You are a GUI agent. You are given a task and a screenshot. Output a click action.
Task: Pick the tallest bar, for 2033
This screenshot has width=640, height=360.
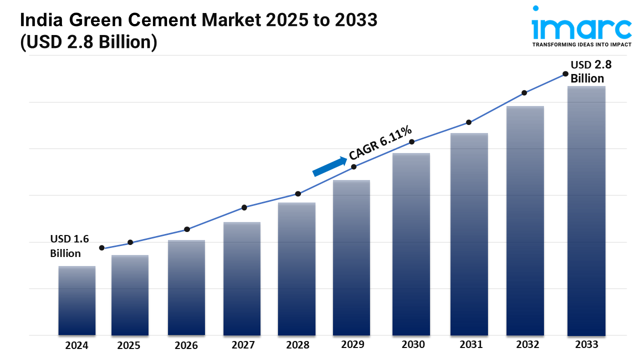point(586,210)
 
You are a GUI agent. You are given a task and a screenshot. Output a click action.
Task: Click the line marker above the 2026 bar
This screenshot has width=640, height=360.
point(187,229)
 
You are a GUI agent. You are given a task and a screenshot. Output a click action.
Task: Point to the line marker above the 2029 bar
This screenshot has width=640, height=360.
point(353,167)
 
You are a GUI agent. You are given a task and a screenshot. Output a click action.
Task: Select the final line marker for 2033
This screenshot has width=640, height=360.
point(565,73)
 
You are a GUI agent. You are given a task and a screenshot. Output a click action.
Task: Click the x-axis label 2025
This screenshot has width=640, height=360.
point(129,345)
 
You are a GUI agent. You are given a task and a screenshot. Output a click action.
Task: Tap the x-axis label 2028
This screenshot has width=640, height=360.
point(297,345)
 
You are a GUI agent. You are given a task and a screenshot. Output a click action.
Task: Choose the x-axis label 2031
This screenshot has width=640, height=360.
point(471,344)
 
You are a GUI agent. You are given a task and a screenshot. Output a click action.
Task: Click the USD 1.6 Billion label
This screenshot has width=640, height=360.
point(69,246)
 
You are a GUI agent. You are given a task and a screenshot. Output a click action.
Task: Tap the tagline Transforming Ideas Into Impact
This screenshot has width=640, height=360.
point(581,45)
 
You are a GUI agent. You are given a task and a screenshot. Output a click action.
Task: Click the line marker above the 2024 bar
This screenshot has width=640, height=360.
point(102,248)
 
